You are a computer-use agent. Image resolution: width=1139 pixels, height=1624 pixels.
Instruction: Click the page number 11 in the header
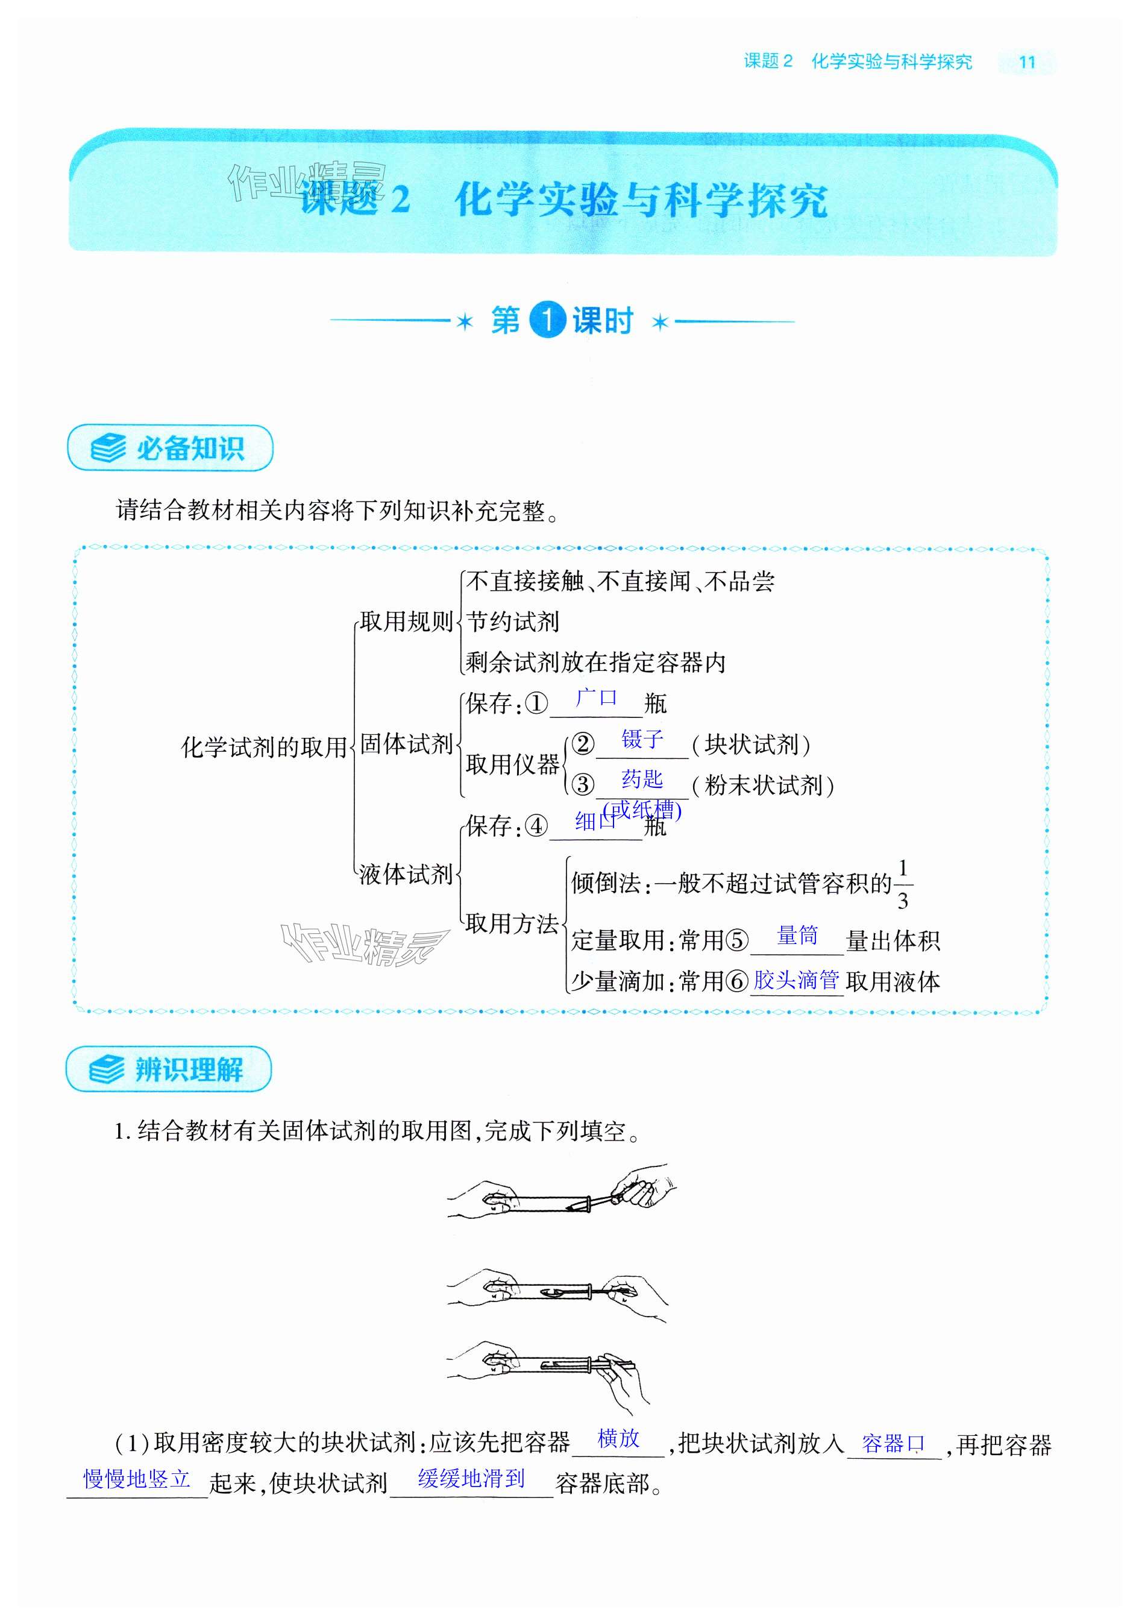point(1026,62)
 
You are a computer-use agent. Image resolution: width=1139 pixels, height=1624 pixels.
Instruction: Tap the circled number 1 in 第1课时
point(548,321)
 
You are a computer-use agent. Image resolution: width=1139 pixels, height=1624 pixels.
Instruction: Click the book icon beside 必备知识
point(107,448)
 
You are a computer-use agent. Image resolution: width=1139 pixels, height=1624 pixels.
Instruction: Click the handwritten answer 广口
point(596,698)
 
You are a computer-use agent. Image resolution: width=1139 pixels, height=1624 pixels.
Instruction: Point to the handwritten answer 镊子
point(642,739)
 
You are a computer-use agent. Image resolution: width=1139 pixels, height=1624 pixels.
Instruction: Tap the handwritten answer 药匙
point(642,779)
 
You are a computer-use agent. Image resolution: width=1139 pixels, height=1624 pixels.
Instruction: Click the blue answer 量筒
point(797,936)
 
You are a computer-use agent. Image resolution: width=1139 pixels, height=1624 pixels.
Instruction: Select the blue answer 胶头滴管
point(796,980)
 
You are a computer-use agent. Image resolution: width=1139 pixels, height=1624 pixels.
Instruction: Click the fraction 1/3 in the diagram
point(902,884)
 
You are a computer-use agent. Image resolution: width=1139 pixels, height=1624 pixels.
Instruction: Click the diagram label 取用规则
point(406,621)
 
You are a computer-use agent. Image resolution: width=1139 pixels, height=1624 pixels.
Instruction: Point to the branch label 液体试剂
point(406,874)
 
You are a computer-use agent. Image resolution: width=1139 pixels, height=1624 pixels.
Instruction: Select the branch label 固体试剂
point(406,743)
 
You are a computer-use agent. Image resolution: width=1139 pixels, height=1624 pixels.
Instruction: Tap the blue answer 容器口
point(893,1443)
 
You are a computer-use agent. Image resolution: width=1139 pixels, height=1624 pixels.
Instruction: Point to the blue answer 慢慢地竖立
point(137,1479)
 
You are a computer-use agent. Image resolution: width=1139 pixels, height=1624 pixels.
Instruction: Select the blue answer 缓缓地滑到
point(471,1478)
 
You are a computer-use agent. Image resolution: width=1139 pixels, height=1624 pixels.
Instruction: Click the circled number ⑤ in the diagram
point(738,940)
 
